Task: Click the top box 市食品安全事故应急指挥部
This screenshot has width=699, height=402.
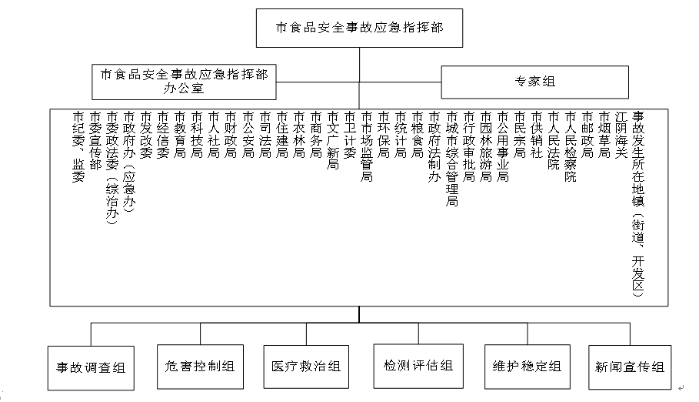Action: [359, 28]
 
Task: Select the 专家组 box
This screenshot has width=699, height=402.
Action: [535, 82]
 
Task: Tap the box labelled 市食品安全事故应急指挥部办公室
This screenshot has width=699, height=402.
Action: [184, 82]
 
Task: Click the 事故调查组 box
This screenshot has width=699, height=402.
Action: [91, 368]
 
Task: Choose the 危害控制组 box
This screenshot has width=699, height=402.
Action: [200, 367]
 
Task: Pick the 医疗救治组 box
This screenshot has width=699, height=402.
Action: [306, 367]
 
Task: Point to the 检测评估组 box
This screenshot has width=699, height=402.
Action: [418, 367]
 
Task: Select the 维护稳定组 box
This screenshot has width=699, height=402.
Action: [528, 367]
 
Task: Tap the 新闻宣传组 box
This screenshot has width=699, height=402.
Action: [630, 367]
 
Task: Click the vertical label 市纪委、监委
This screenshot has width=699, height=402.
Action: [78, 147]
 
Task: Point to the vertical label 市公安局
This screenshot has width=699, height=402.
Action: [248, 135]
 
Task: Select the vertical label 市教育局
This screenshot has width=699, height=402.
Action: [180, 135]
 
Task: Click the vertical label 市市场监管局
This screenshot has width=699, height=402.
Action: [367, 146]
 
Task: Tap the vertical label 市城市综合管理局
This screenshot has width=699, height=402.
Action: [451, 159]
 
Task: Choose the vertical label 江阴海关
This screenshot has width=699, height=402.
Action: [621, 135]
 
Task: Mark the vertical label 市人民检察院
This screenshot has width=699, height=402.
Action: [571, 147]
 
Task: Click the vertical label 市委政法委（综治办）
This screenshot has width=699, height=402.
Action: [112, 168]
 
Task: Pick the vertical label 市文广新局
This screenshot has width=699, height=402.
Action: [332, 141]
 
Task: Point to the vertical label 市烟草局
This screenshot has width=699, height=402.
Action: [604, 135]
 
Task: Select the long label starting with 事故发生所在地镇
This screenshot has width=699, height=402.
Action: [638, 204]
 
